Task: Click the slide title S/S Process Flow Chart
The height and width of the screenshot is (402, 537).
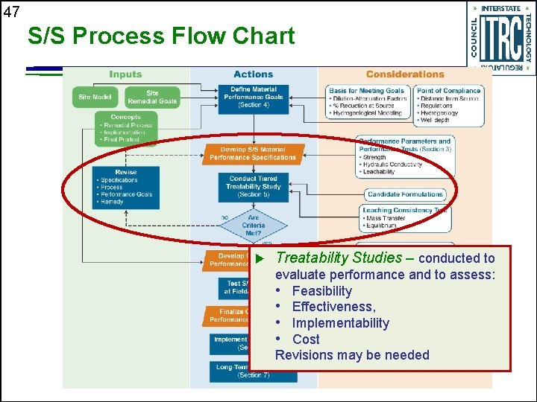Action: click(x=161, y=36)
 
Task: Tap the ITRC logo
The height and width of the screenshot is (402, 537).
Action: click(x=500, y=37)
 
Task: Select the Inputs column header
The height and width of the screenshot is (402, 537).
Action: click(x=125, y=74)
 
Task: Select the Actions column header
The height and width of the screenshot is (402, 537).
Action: click(x=254, y=74)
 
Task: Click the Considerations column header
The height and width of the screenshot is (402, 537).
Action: click(x=405, y=74)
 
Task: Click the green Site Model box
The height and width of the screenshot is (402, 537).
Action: click(x=95, y=98)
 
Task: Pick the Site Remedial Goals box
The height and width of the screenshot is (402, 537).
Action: click(x=152, y=98)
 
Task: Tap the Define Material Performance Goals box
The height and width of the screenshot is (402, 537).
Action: click(x=254, y=98)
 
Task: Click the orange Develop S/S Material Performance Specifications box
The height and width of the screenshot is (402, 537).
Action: click(x=253, y=154)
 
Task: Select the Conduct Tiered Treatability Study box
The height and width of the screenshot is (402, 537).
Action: click(x=254, y=186)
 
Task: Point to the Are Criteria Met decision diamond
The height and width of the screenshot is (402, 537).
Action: click(x=254, y=225)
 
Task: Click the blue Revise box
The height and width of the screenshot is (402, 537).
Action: click(x=126, y=187)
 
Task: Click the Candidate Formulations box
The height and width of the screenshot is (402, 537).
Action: click(x=405, y=194)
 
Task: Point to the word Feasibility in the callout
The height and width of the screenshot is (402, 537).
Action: click(x=321, y=291)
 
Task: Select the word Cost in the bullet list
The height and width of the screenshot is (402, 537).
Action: click(x=306, y=339)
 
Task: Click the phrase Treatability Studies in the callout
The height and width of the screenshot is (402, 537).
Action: click(x=339, y=258)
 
